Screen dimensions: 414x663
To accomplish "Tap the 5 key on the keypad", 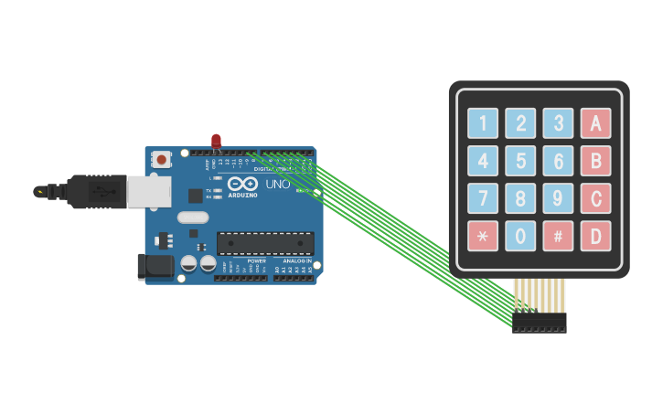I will coord(520,161).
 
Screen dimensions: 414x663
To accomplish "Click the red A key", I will coord(595,123).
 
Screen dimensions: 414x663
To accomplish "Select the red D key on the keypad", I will coord(595,236).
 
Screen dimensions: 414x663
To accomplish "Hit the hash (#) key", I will coord(558,236).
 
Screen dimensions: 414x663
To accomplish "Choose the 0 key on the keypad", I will coord(520,236).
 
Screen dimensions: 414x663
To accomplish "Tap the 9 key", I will coord(558,198).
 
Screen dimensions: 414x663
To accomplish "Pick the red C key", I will coord(595,198).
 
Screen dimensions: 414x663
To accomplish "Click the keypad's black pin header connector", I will coord(539,322).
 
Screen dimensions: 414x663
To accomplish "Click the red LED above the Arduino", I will coord(216,141).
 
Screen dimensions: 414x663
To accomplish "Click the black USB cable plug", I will coord(97,191).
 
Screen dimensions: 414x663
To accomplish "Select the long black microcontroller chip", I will coord(265,243).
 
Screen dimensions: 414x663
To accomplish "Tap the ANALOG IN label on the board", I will coord(293,260).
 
